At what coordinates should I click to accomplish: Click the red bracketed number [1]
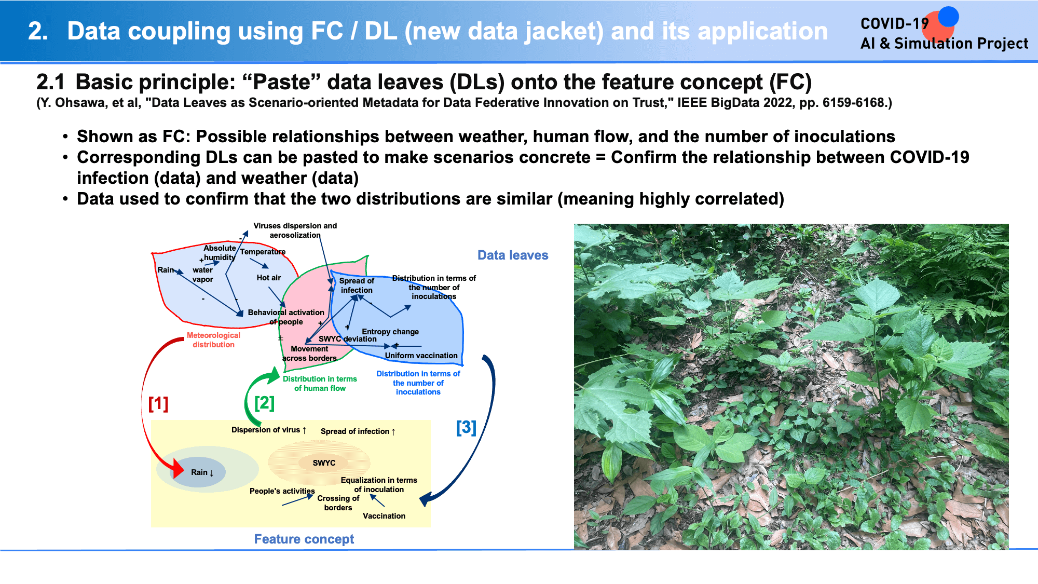(158, 403)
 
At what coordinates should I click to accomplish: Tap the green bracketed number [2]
(264, 403)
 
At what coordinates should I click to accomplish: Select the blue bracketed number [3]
(466, 427)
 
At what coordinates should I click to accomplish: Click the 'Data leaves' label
(513, 255)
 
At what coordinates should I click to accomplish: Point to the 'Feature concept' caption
(304, 539)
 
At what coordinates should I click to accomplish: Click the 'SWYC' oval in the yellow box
(324, 463)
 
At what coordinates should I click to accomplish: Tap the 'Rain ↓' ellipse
(199, 472)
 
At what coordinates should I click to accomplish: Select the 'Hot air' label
(269, 278)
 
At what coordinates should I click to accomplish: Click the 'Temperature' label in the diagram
(263, 252)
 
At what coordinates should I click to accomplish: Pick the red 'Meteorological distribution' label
(213, 340)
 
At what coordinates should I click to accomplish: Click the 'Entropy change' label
(390, 332)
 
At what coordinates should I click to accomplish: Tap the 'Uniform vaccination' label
(421, 356)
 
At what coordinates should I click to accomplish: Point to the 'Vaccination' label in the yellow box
(384, 516)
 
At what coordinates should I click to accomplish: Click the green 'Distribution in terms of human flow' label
(320, 384)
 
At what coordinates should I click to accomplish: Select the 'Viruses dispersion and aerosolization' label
(295, 230)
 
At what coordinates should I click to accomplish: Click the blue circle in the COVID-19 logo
(948, 17)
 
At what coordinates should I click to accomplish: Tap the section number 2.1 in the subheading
(50, 82)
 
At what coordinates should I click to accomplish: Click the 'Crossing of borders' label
(338, 503)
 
